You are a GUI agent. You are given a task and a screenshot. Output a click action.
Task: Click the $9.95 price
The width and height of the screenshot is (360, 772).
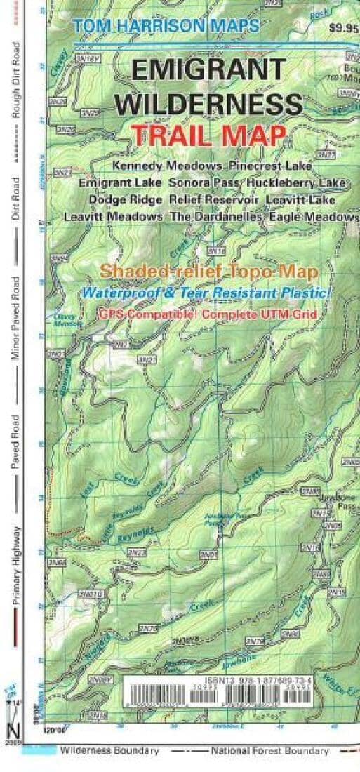point(343,29)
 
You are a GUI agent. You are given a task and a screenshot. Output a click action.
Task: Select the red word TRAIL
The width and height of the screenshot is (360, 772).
point(167,135)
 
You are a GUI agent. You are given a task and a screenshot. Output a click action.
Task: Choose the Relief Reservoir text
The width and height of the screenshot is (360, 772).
point(215,200)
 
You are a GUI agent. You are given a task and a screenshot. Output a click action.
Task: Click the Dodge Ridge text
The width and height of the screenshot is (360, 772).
point(126,200)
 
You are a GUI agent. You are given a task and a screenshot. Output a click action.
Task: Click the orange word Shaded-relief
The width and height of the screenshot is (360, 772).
point(149,270)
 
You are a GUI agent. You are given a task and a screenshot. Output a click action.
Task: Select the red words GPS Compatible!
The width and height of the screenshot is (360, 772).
point(149,313)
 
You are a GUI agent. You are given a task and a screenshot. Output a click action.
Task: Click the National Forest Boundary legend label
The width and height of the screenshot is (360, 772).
point(269,751)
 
